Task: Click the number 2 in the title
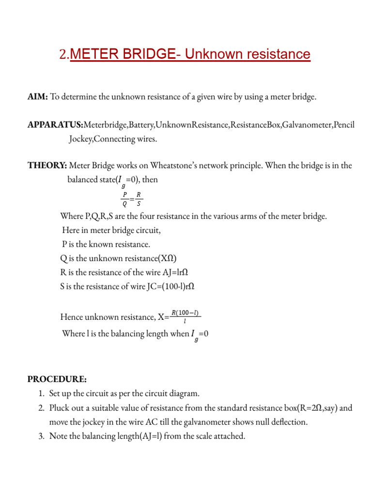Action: tap(62, 55)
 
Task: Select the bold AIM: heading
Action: tap(37, 97)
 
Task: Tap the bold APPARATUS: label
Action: tap(55, 125)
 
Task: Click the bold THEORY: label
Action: tap(47, 166)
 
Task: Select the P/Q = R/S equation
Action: tap(132, 199)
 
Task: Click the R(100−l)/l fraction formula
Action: tap(186, 317)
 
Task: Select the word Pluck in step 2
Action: tap(60, 408)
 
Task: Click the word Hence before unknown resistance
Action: tap(72, 317)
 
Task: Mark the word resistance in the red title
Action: tap(275, 54)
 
